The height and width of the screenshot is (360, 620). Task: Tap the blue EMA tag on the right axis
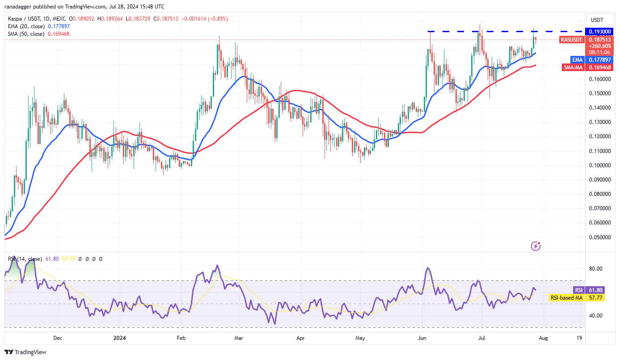click(578, 59)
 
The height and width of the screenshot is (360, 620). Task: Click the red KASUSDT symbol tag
click(571, 39)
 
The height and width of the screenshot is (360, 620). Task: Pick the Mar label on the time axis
click(239, 338)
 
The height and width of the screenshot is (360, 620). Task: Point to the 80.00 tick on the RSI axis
click(595, 269)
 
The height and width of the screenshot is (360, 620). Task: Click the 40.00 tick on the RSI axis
click(595, 315)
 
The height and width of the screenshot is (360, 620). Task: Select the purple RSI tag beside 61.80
click(578, 290)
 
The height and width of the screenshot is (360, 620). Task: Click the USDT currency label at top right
click(597, 20)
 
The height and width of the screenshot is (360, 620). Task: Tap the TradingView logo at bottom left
click(25, 352)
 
